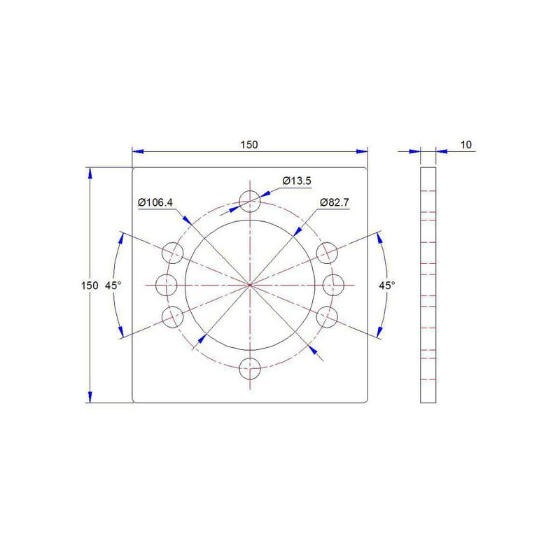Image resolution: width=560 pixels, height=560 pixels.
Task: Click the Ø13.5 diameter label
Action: pos(297,181)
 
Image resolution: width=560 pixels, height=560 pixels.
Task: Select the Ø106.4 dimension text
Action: pos(155,202)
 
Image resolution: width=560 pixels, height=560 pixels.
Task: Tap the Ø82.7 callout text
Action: pos(335,202)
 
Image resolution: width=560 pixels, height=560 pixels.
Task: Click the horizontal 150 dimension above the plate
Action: pos(249,145)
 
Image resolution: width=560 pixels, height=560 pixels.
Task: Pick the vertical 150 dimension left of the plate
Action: pos(90,286)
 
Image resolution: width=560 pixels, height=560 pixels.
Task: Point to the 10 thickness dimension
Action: pos(466,145)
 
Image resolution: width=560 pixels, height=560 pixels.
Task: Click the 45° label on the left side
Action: pos(113,286)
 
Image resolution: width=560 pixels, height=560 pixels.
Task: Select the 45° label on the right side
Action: pos(387,286)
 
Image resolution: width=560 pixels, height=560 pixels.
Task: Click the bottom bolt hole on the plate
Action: pos(250,369)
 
